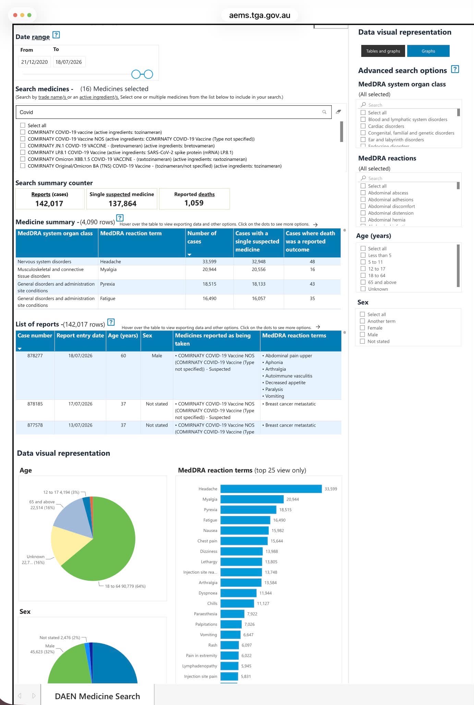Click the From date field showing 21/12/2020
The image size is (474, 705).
click(34, 62)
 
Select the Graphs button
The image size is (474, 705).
click(428, 51)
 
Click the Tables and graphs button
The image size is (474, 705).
click(383, 51)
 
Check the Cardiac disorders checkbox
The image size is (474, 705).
click(363, 126)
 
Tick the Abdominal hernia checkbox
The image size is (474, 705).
click(363, 220)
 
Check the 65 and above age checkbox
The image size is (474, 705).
click(363, 282)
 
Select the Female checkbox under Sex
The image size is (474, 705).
click(362, 328)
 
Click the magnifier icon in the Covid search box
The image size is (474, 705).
click(324, 112)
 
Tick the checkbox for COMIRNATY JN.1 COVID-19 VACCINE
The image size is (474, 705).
click(23, 146)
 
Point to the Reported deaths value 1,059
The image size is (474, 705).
click(194, 203)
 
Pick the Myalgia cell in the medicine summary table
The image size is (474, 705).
click(108, 270)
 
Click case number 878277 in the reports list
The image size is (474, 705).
click(35, 356)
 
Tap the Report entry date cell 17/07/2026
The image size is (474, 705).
click(80, 404)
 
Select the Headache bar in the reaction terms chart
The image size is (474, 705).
click(271, 489)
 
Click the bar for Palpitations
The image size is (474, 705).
click(231, 624)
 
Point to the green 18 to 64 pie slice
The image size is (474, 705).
click(106, 545)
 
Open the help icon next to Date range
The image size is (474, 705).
click(56, 35)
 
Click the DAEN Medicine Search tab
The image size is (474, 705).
click(97, 696)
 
